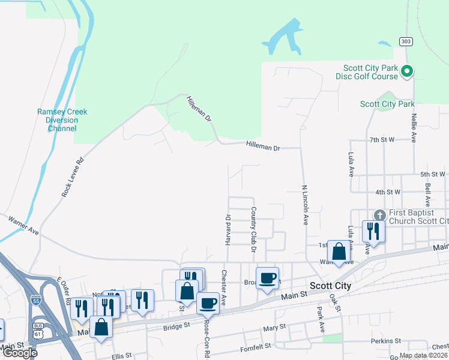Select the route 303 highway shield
(406, 41)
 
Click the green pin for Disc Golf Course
(406, 71)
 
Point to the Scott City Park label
(387, 104)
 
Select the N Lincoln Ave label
(304, 205)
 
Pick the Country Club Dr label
(254, 230)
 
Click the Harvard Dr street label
(228, 230)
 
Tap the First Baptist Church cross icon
(379, 215)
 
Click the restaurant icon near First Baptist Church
(373, 231)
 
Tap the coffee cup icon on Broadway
(267, 278)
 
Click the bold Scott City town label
(330, 286)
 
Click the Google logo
(20, 353)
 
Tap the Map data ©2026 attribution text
(423, 355)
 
